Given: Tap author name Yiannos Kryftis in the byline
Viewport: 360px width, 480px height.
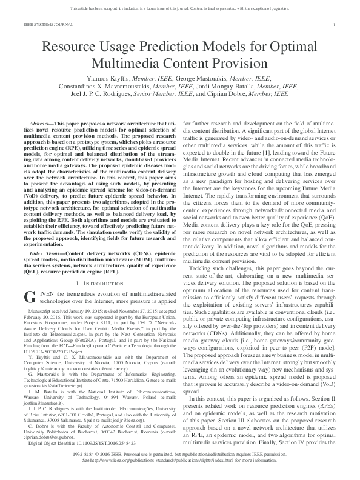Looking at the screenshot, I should coord(113,79).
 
